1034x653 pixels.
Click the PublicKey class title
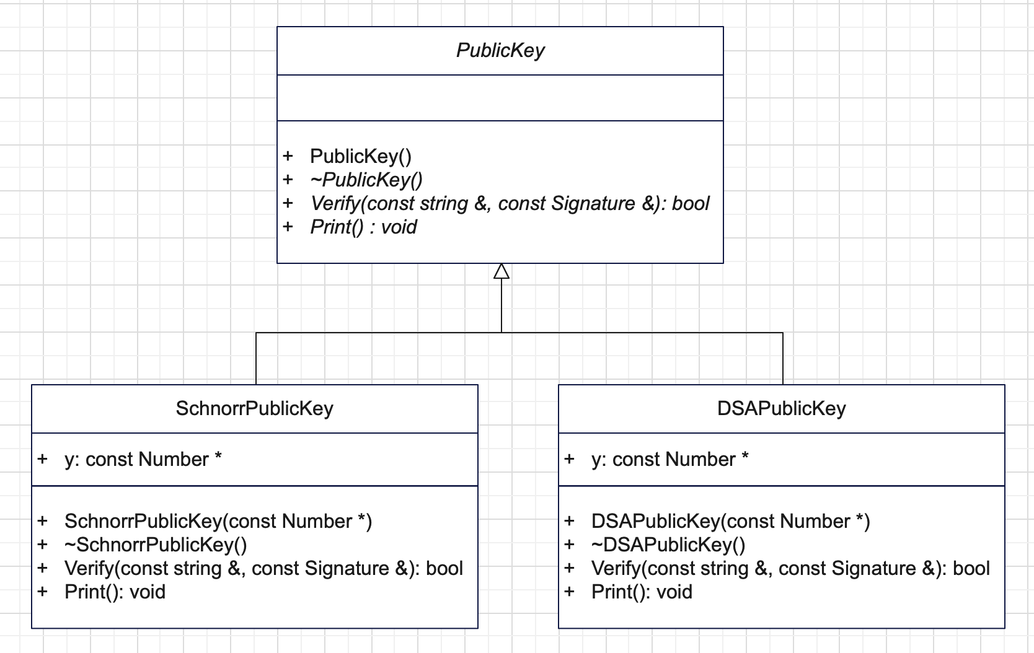point(500,50)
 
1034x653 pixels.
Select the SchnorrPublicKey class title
point(254,408)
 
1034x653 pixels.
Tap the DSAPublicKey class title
point(782,408)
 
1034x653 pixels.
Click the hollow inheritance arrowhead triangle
point(502,271)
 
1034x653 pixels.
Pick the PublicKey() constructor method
point(361,157)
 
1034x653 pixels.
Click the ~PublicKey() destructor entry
point(366,180)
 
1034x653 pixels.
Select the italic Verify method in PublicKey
point(510,203)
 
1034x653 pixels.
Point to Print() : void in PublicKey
point(364,227)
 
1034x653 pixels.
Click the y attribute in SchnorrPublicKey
point(143,459)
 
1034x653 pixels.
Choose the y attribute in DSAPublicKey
point(669,459)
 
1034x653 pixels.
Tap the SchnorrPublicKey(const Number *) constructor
point(218,521)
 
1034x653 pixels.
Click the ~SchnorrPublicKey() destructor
point(156,545)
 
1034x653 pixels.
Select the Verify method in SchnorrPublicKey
point(263,568)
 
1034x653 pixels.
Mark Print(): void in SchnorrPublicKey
point(115,592)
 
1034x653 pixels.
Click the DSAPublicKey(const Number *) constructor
point(731,521)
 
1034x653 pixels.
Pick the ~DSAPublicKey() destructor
point(668,545)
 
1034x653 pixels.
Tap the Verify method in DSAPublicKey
point(791,568)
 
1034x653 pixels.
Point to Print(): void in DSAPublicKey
point(642,592)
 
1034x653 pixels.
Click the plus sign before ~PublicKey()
point(288,179)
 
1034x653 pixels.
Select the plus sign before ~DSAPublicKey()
point(569,544)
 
